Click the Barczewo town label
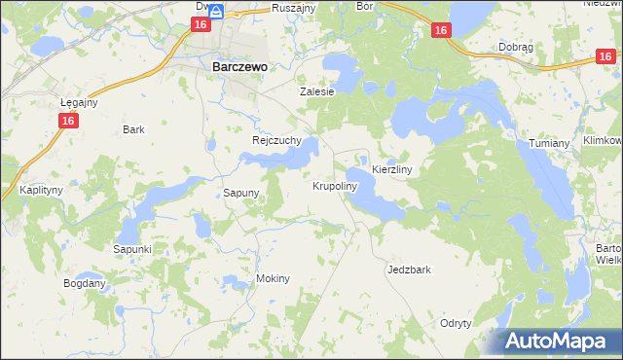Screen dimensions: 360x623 point(239,67)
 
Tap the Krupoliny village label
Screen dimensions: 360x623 point(335,185)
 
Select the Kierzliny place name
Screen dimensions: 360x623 point(393,169)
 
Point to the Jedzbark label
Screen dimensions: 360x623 point(409,270)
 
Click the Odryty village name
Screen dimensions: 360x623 point(456,323)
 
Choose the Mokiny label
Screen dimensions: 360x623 point(273,278)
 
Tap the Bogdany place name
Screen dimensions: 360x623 point(84,283)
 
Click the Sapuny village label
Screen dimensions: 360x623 point(240,193)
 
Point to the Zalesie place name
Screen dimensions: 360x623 point(316,91)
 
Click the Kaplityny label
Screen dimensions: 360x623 point(39,190)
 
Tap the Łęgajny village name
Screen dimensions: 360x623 point(79,101)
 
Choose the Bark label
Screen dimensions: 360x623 point(133,128)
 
